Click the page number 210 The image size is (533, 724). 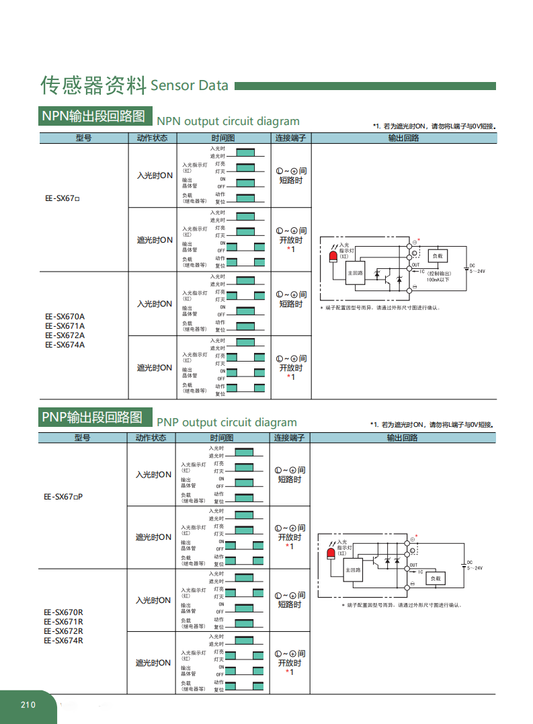tap(28, 705)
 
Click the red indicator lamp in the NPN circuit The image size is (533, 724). tap(334, 258)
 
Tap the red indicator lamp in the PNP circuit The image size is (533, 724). tap(330, 554)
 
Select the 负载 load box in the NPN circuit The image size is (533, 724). tap(437, 256)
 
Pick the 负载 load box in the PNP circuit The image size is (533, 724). tap(436, 578)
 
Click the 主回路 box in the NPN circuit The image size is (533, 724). tap(354, 273)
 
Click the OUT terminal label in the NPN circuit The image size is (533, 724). tap(415, 265)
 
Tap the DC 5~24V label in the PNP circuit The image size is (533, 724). tap(475, 565)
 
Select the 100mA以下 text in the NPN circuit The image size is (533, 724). tap(438, 280)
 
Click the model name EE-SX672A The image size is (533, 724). tap(65, 335)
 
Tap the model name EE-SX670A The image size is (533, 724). tap(65, 317)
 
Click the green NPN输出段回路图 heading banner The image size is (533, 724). tap(95, 116)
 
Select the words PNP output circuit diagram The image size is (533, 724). tap(227, 422)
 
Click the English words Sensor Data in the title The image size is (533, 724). tap(190, 85)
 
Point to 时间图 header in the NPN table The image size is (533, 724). tap(222, 138)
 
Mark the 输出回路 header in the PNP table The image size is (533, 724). tap(402, 438)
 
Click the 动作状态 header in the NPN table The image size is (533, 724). tap(152, 138)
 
